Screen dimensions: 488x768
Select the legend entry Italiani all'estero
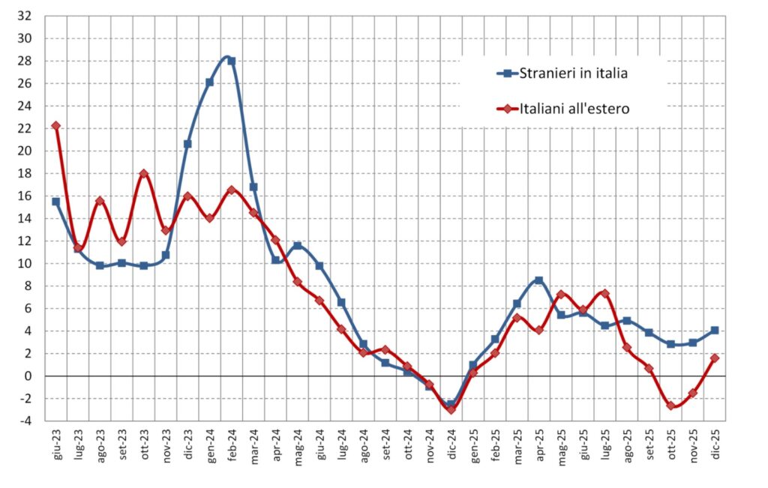pyautogui.click(x=574, y=109)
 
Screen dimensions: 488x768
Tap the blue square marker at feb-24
pyautogui.click(x=232, y=61)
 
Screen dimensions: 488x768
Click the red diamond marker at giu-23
pyautogui.click(x=56, y=126)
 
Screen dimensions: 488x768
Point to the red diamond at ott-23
pyautogui.click(x=144, y=174)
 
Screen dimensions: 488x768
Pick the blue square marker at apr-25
pyautogui.click(x=538, y=280)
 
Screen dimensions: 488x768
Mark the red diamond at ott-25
pyautogui.click(x=670, y=406)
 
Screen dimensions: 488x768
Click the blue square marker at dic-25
pyautogui.click(x=715, y=331)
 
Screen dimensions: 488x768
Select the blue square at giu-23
pyautogui.click(x=56, y=202)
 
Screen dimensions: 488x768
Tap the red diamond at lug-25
pyautogui.click(x=604, y=293)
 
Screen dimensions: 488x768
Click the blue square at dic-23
pyautogui.click(x=187, y=144)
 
